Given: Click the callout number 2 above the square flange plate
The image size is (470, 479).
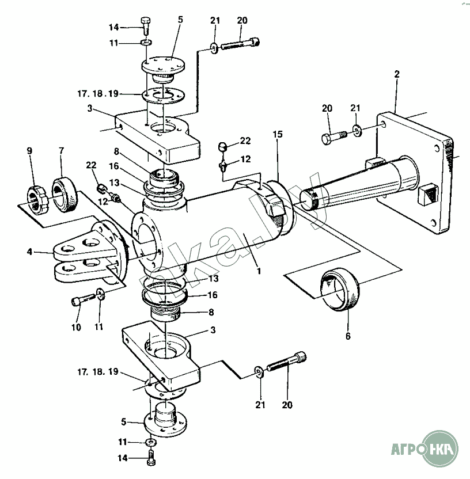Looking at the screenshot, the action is click(397, 74).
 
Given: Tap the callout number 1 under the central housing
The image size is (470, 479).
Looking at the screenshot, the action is click(259, 271).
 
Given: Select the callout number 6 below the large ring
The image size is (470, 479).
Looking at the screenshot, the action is click(348, 336).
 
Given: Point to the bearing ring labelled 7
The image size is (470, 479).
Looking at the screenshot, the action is click(65, 195).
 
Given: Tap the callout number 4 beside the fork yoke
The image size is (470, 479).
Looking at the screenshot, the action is click(29, 252).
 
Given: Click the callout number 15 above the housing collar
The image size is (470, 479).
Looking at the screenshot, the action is click(278, 134).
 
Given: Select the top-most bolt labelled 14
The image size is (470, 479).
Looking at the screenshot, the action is click(146, 25).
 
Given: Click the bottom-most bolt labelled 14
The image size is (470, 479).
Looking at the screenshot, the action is click(151, 457).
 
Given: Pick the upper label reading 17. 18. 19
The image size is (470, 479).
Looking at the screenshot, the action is click(98, 93).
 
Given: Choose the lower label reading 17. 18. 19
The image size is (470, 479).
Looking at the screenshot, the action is click(98, 372).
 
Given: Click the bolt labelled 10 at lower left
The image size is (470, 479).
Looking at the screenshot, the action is click(84, 299).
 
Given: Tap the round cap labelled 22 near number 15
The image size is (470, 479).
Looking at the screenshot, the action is click(223, 147).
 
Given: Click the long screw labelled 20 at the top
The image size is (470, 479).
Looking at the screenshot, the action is click(240, 43).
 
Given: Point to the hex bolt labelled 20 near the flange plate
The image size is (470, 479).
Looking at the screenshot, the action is click(334, 137).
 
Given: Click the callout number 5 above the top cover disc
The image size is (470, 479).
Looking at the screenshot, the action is click(180, 20).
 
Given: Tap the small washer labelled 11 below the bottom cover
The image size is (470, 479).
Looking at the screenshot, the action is click(150, 442).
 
